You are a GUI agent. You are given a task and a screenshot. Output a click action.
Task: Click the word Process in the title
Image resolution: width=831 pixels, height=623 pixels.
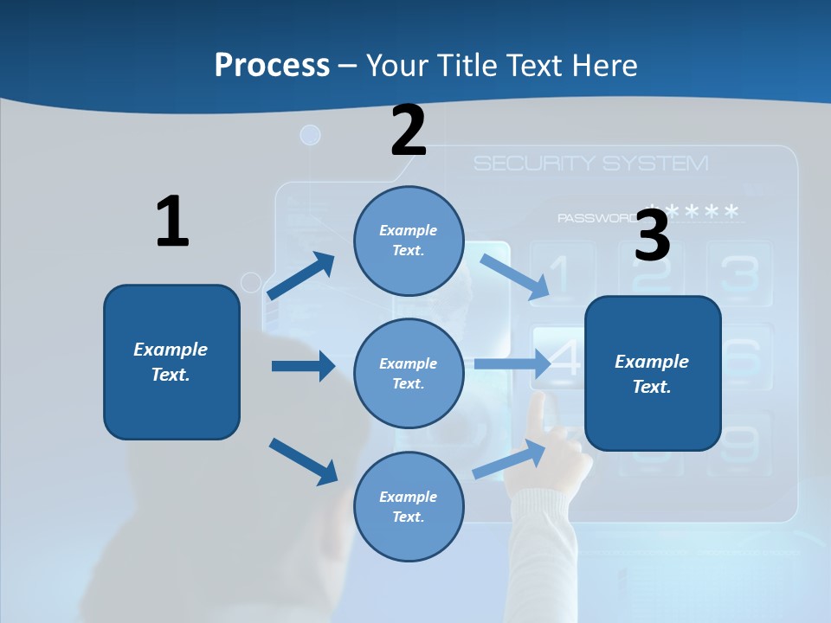tap(272, 65)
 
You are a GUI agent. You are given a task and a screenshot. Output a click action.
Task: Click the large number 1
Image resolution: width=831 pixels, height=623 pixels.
tap(171, 222)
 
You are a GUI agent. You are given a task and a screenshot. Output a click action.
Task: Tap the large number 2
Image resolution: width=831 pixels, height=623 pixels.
tap(409, 131)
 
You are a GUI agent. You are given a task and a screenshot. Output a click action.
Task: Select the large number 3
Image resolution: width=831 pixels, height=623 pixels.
tap(652, 234)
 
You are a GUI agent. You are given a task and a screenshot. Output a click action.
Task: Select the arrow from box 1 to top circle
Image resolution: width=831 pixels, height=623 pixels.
tap(300, 276)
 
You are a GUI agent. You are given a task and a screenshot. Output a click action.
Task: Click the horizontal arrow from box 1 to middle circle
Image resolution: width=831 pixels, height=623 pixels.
tap(302, 366)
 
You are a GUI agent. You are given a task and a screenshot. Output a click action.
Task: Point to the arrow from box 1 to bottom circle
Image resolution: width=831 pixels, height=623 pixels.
tap(303, 461)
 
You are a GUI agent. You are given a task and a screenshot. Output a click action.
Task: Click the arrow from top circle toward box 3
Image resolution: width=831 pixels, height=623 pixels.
tap(516, 277)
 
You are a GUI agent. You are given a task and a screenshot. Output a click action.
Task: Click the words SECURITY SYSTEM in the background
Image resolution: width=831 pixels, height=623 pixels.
tap(590, 163)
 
